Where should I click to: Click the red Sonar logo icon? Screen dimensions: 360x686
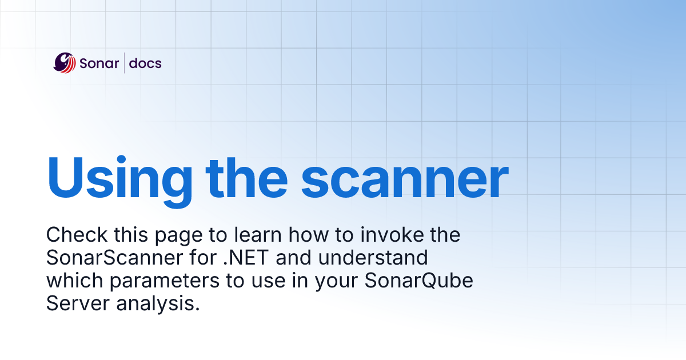point(65,62)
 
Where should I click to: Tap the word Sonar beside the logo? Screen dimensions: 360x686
point(99,63)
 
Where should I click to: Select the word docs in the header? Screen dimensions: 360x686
point(145,63)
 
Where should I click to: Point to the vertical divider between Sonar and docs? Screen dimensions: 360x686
point(125,62)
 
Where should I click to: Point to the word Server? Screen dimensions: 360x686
point(77,303)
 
